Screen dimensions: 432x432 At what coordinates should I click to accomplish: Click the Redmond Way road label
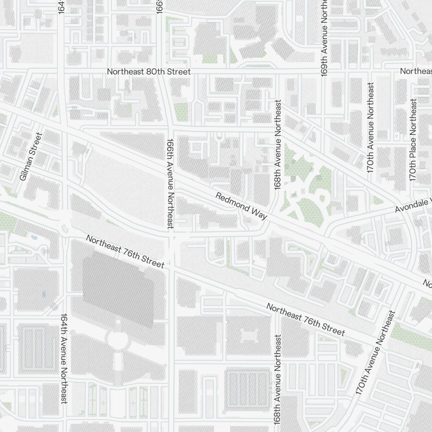point(241,207)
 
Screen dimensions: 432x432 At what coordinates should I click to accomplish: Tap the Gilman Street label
point(32,156)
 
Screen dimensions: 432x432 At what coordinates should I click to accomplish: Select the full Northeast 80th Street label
point(149,71)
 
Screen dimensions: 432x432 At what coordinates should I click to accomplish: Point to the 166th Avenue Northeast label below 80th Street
point(170,183)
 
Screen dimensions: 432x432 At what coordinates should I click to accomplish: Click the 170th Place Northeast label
point(413,140)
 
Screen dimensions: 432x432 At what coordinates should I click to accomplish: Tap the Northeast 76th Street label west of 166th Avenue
point(125,251)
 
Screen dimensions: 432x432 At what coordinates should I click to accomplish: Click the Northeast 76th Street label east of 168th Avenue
point(305,319)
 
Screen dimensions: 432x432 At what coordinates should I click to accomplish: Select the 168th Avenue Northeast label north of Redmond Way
point(278,145)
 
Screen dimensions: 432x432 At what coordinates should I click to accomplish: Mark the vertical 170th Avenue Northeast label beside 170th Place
point(371,128)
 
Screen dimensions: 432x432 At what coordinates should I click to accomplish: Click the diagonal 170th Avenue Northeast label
point(375,353)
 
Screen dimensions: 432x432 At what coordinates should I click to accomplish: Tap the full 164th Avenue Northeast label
point(64,359)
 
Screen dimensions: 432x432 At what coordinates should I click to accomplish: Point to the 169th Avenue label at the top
point(324,38)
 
